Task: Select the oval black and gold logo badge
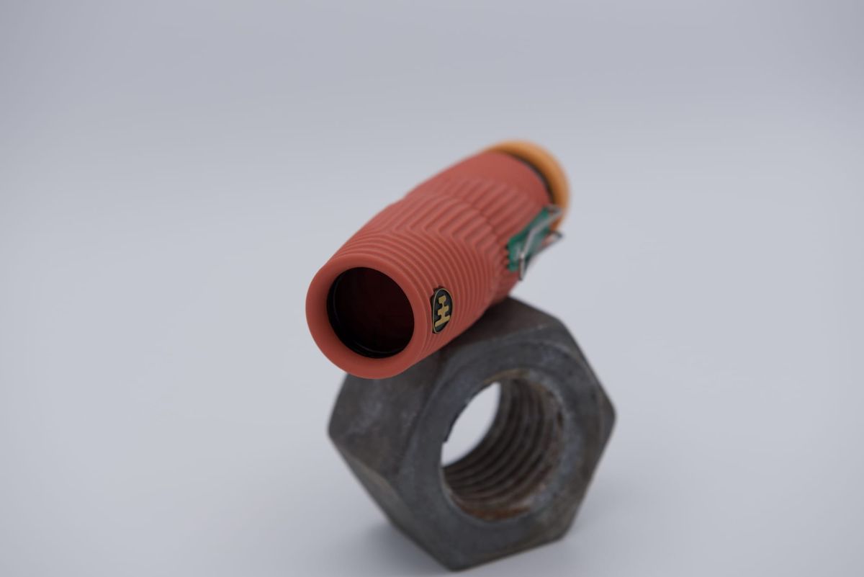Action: [x=441, y=310]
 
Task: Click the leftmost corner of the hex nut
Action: [x=330, y=425]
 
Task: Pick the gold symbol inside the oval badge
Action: [x=442, y=310]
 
